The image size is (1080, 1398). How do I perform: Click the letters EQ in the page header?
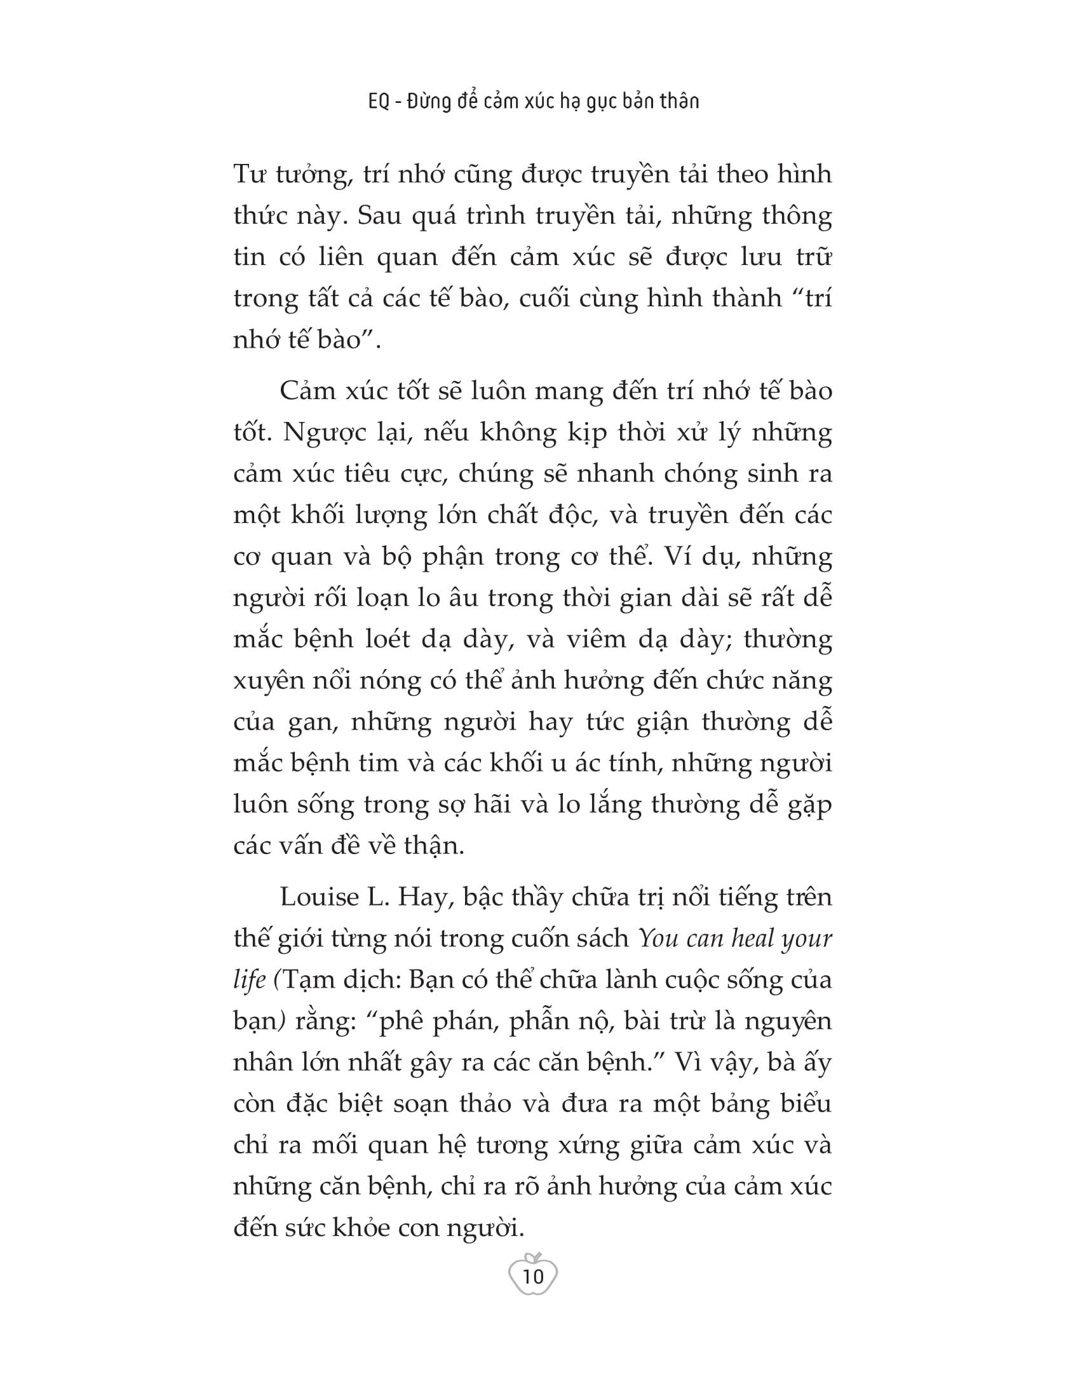point(379,101)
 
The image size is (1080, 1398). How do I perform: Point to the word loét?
point(383,639)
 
